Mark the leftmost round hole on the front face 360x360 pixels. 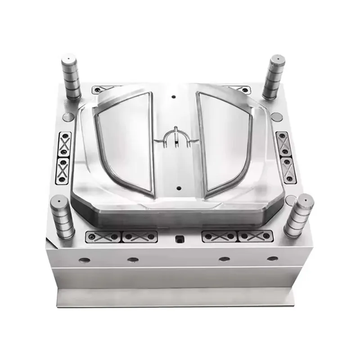coord(84,260)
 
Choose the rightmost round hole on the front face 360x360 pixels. coord(272,258)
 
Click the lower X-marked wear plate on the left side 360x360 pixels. coord(63,170)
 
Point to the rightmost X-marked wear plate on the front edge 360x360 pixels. coord(255,235)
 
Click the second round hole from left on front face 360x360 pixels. coord(133,260)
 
